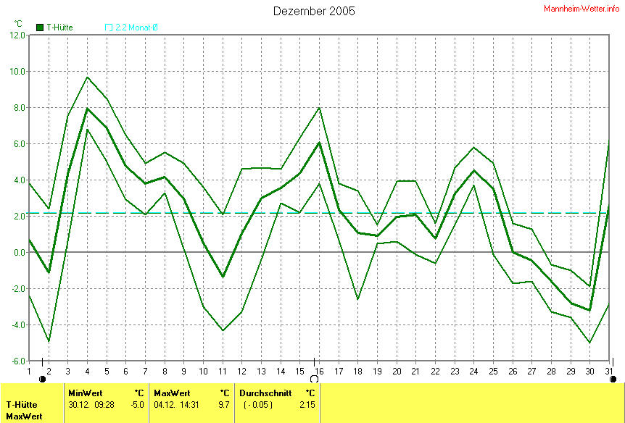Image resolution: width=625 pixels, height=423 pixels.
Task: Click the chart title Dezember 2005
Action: click(314, 11)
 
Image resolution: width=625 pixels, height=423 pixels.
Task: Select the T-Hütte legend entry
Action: click(54, 28)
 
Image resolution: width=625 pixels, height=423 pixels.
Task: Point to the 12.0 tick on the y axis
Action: click(17, 35)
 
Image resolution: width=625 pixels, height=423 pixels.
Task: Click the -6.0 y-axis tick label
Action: click(17, 361)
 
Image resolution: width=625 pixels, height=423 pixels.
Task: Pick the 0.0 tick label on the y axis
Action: click(18, 253)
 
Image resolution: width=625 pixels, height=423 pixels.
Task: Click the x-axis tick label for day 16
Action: click(319, 372)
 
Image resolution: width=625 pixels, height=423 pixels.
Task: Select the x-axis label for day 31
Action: click(608, 372)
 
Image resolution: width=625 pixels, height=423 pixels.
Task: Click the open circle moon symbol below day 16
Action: click(314, 379)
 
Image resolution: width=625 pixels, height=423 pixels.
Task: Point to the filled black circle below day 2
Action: click(43, 379)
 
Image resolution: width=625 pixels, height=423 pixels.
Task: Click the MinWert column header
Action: click(85, 393)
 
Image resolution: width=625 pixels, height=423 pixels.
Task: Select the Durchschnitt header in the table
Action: click(265, 393)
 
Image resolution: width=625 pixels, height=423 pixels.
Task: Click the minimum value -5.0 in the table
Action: click(137, 404)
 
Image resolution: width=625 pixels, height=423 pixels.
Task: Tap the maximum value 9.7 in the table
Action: click(224, 404)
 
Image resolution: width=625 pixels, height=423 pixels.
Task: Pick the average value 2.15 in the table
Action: click(307, 404)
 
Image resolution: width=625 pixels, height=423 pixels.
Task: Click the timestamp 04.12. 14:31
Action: click(173, 404)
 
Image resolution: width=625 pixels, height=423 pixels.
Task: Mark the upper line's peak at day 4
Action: click(87, 77)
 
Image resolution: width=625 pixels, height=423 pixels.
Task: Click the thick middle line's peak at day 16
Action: click(319, 143)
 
